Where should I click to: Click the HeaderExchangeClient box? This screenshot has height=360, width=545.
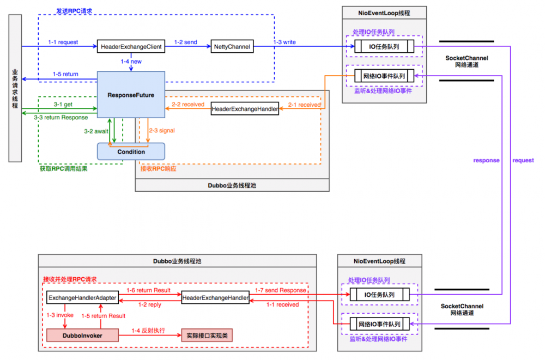coord(131,47)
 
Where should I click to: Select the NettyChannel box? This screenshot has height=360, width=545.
coord(232,47)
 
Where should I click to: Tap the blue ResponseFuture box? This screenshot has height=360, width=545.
coord(131,95)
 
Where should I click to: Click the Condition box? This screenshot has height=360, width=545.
coord(131,151)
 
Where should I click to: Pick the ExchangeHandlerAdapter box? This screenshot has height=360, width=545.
coord(82,298)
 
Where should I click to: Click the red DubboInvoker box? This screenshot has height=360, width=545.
coord(82,335)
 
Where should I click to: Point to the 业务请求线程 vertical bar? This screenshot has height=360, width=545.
coord(15,89)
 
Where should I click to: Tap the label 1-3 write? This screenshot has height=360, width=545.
coord(284,42)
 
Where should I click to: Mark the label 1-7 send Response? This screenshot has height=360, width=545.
coord(285,290)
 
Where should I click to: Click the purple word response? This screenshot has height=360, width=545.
coord(486,161)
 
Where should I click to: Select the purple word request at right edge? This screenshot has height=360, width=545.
coord(523,161)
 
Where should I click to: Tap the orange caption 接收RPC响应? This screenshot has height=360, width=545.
coord(158,169)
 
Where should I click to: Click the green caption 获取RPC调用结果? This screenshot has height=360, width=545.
coord(63,169)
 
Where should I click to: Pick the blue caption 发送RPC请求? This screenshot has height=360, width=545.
coord(75,11)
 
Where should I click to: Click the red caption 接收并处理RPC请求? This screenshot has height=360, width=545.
coord(70,279)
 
